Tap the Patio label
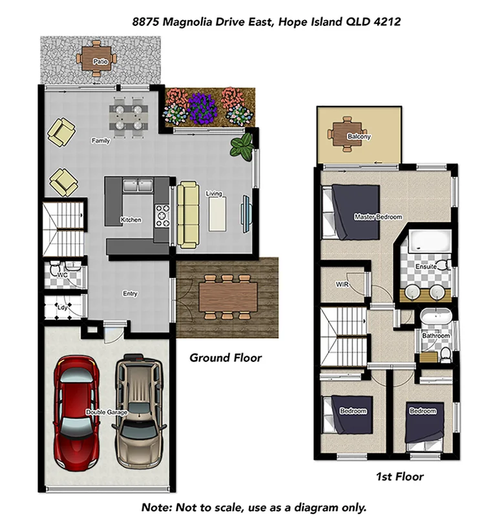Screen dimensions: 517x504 100,62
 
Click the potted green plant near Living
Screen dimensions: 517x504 242,147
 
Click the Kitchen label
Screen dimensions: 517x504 131,220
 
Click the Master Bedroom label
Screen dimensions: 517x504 378,217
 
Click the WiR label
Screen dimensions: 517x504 342,284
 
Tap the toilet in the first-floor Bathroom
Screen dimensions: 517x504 446,353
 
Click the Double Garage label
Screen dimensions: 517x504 107,412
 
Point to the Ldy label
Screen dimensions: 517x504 63,308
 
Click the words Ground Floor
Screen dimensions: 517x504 226,357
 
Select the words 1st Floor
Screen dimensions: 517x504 399,477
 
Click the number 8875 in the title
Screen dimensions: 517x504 146,21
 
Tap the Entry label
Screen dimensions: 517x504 130,294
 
